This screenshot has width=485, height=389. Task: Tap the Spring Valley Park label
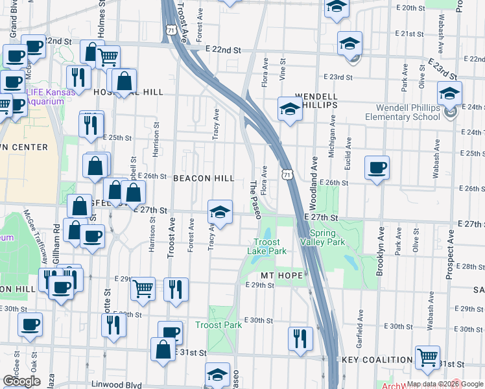point(322,237)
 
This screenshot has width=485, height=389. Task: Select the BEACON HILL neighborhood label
point(204,178)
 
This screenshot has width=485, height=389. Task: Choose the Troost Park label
point(219,325)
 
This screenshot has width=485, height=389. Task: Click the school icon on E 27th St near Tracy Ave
point(220,211)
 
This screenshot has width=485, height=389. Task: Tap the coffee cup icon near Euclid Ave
point(377,168)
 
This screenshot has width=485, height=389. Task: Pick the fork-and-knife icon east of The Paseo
point(300,338)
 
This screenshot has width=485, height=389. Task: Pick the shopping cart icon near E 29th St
point(143,289)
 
